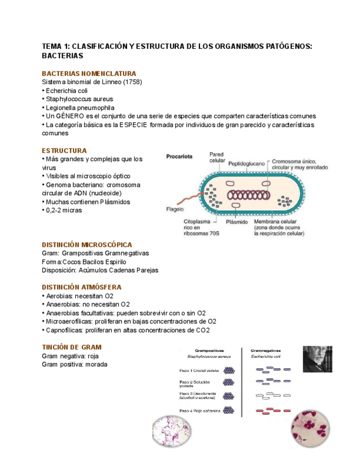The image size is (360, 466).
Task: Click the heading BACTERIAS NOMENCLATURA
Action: [89, 74]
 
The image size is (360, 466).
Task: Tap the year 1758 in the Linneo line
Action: [131, 82]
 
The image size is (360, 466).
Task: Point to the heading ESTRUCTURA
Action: [64, 151]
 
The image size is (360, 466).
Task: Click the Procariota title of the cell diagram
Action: [179, 157]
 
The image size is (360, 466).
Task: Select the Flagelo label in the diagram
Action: [175, 209]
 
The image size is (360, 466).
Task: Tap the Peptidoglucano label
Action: [246, 163]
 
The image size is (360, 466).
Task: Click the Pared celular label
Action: [217, 158]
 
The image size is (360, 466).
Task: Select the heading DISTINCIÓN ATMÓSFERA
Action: [82, 287]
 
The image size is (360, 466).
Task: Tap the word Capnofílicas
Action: [63, 330]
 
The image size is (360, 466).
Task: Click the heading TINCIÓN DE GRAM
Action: [72, 347]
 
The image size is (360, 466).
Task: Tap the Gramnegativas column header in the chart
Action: [265, 350]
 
